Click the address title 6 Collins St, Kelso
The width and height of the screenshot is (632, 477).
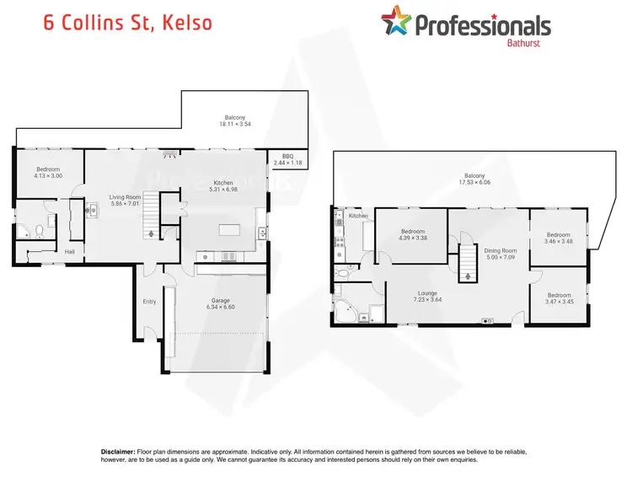point(127,22)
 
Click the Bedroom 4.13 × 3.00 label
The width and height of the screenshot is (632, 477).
point(48,172)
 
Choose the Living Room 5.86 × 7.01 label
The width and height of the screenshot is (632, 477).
point(123,201)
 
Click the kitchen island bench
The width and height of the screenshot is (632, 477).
point(229,230)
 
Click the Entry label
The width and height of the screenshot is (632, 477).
point(149,301)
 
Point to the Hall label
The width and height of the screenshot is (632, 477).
point(70,250)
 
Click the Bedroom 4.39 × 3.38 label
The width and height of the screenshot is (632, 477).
point(412,234)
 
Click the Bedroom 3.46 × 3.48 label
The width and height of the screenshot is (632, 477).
point(558,238)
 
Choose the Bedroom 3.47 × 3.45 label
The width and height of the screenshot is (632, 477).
point(558,298)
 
